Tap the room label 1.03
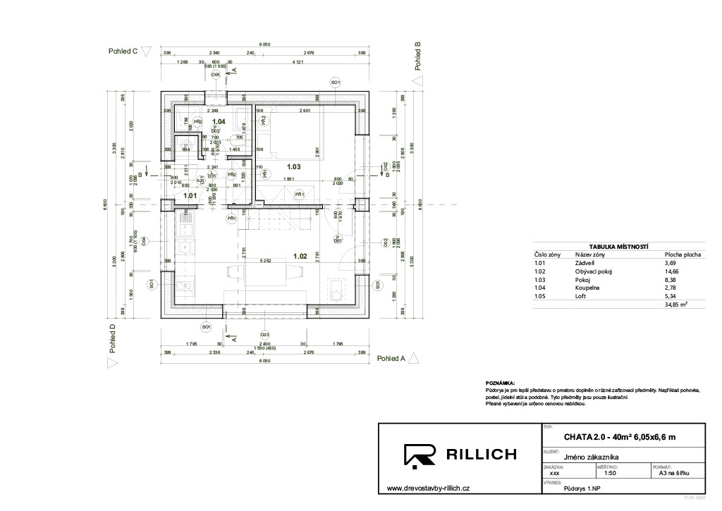tap(293, 167)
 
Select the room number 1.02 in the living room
tap(301, 257)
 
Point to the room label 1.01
tap(190, 195)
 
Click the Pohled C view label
tap(123, 51)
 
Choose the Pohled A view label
tap(391, 358)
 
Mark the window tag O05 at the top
tap(216, 73)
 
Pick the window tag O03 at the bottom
tap(264, 334)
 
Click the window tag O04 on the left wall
tap(143, 241)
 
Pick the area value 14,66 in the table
tap(671, 271)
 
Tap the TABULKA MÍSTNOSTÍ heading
tap(618, 246)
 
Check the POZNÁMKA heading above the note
tap(501, 382)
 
